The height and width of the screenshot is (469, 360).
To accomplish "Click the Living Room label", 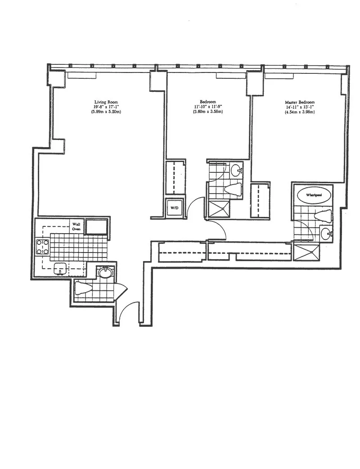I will click(x=106, y=102).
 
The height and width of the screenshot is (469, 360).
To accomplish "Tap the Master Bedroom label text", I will click(x=300, y=102).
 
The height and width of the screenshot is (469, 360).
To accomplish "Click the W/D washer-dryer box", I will click(x=174, y=208).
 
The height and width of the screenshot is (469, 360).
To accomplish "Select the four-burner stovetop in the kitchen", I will click(x=43, y=247).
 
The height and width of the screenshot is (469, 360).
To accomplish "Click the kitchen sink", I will click(x=60, y=269).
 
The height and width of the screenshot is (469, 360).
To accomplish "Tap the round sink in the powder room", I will click(x=105, y=273).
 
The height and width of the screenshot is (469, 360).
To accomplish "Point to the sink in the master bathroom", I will click(x=326, y=233).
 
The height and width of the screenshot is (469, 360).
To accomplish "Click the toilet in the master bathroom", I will click(x=324, y=216).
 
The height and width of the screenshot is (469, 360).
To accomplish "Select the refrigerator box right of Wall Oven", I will click(x=97, y=227).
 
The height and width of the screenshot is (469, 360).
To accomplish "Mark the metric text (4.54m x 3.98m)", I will click(x=300, y=112).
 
